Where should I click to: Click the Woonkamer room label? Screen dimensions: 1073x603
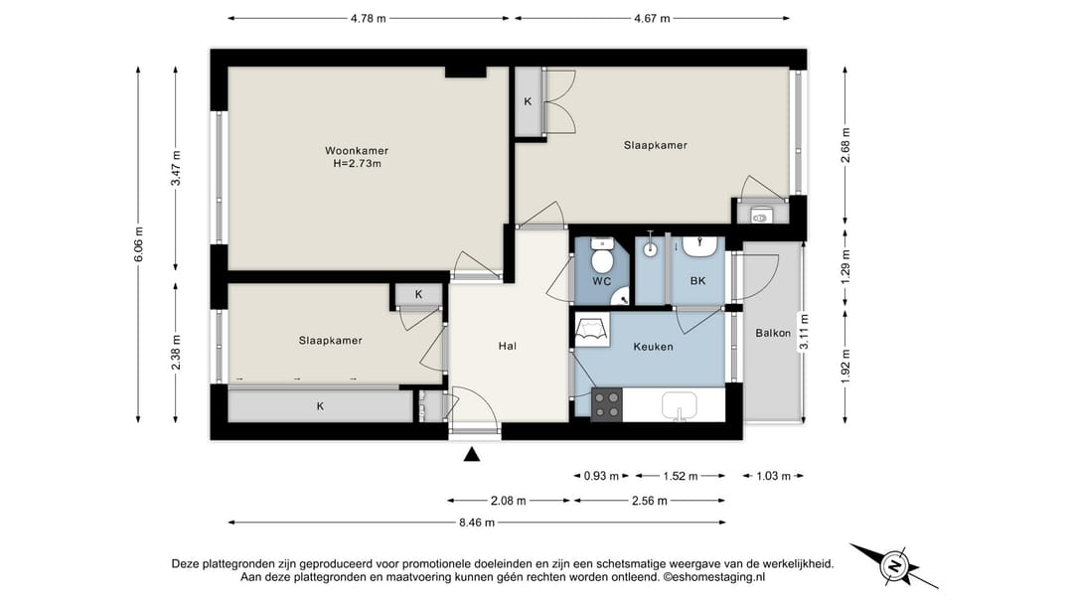(357, 151)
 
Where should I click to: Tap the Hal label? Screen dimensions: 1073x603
(507, 347)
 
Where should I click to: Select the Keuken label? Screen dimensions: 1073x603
(653, 347)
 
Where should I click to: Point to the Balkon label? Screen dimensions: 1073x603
(773, 334)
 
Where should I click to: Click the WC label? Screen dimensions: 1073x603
(601, 281)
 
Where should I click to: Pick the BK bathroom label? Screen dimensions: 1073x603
(697, 281)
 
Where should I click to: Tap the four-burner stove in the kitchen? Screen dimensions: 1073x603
(607, 404)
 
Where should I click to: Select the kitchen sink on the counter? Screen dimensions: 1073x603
(679, 406)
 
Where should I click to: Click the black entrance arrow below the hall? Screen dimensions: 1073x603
(472, 454)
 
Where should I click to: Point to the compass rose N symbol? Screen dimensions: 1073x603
(893, 566)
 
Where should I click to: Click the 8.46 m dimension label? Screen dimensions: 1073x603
(477, 523)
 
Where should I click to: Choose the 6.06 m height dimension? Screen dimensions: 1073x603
(138, 244)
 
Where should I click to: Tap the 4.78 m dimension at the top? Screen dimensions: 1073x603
(369, 19)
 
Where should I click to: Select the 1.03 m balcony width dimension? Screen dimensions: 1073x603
(773, 476)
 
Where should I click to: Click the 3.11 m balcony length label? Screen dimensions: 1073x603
(804, 332)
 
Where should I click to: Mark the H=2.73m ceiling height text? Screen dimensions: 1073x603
(357, 164)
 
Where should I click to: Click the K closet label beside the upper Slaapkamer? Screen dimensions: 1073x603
(528, 102)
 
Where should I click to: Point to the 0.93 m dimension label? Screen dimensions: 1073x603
(601, 476)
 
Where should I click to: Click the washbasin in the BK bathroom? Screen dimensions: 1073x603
(699, 245)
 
